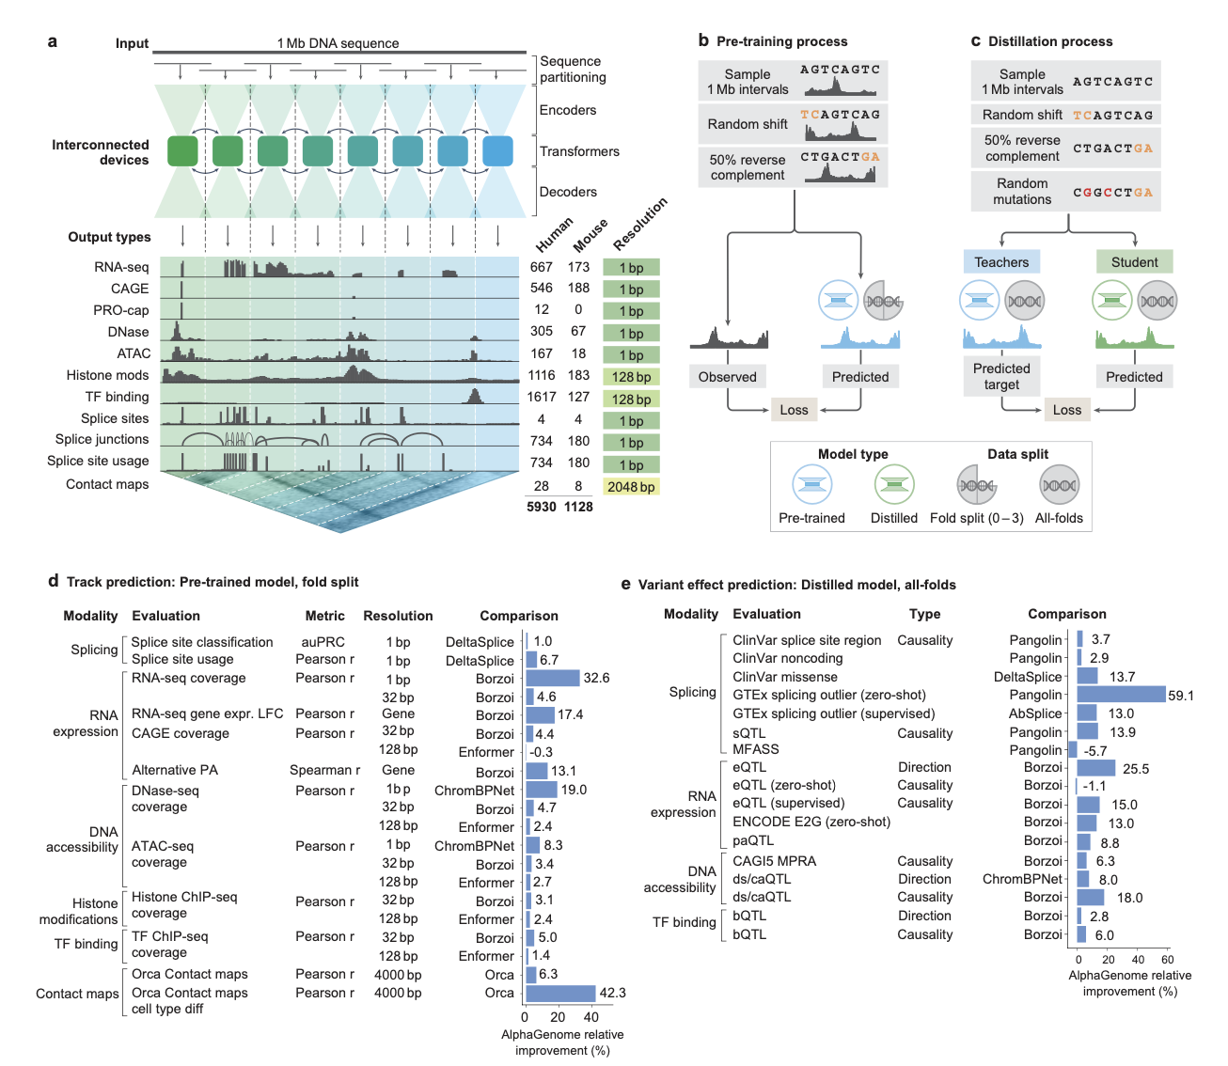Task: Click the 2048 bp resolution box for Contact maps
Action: [x=631, y=487]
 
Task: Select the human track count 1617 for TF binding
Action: [x=542, y=397]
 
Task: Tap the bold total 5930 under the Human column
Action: [x=542, y=507]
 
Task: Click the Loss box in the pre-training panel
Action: [x=794, y=410]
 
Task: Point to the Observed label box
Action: [x=727, y=377]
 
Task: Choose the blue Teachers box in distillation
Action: [x=1001, y=262]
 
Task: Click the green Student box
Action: [x=1134, y=262]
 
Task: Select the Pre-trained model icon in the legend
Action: [x=811, y=485]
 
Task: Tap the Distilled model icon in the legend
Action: [x=894, y=485]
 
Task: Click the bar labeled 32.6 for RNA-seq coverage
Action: [x=553, y=678]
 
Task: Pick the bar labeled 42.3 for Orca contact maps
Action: [x=560, y=993]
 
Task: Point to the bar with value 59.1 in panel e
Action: [x=1121, y=695]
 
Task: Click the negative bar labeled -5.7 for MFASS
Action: [x=1073, y=750]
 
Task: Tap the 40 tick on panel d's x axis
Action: [x=591, y=1016]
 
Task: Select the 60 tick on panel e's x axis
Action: [x=1167, y=960]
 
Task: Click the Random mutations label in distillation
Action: [x=1022, y=192]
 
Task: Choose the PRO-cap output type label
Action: [x=121, y=310]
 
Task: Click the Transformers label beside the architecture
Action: [x=579, y=151]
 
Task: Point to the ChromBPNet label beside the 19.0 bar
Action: [x=474, y=791]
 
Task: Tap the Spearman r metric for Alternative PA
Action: [x=324, y=770]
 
